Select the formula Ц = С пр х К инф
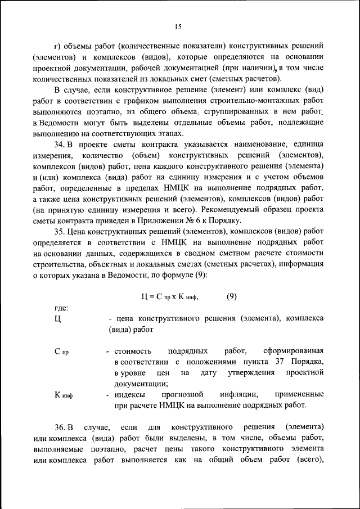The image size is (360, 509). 169,296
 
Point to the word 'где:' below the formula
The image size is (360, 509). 61,308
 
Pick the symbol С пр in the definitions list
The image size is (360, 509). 61,352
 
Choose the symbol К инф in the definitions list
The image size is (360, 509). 64,394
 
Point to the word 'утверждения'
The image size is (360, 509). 245,373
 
